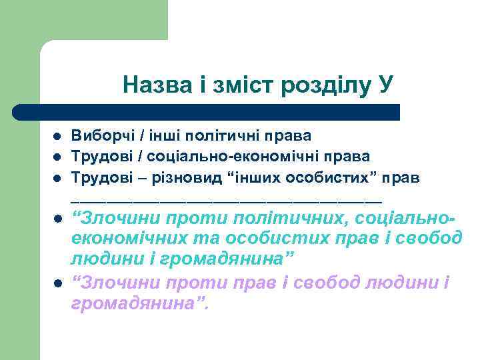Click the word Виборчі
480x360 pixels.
pos(101,136)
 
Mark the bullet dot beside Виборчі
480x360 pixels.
pos(58,137)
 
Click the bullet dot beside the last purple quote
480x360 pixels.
pos(58,284)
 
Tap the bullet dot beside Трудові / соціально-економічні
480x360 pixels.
pos(58,158)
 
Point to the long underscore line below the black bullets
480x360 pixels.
pos(227,200)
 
